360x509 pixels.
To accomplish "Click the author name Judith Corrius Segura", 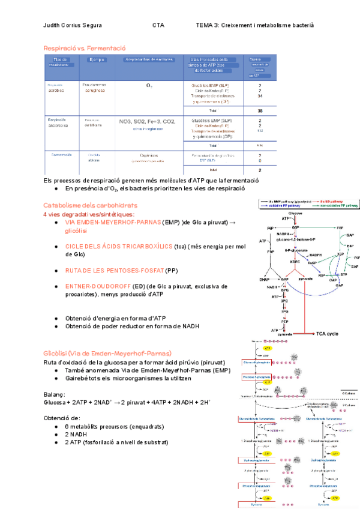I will (x=73, y=25).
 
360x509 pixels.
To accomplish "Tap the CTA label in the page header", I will (x=158, y=25).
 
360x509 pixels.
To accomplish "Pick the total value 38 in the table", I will (x=260, y=110).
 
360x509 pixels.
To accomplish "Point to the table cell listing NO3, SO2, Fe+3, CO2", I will (x=147, y=121).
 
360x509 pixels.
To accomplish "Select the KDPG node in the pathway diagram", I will (x=295, y=262).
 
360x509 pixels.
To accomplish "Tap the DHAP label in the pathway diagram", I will (x=265, y=280).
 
